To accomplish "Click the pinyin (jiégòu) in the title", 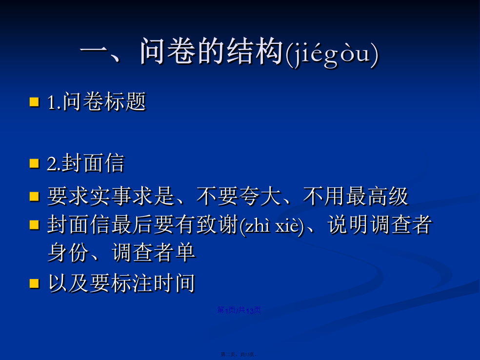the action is (x=332, y=53).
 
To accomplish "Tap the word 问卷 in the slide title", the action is (x=167, y=51).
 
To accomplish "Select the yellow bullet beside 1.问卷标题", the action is (x=34, y=102).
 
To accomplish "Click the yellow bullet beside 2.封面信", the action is (x=34, y=163).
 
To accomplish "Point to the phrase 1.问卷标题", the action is (x=97, y=101).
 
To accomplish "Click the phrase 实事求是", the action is (x=133, y=196).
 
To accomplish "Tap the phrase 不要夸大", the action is (x=239, y=196).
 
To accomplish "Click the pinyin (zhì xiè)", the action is (x=272, y=226).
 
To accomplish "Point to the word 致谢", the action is (x=218, y=224).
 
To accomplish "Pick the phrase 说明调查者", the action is (x=380, y=224).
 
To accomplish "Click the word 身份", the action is (x=69, y=253).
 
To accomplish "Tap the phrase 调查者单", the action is (x=153, y=253).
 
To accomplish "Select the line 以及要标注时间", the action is (x=121, y=283).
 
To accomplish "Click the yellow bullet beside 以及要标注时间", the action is (x=34, y=283).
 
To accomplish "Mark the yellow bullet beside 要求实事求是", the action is (x=34, y=197).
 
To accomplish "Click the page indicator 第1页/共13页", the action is (x=239, y=310).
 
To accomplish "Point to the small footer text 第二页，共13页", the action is (x=239, y=354).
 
